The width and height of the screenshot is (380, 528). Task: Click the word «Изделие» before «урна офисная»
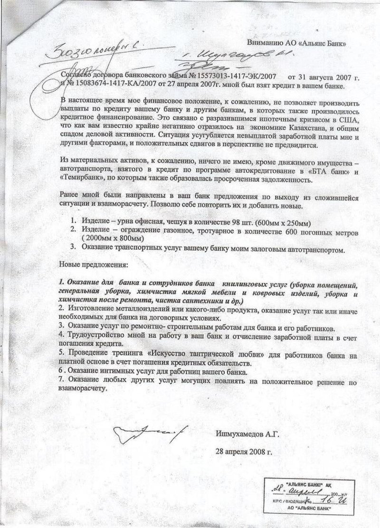[95, 223]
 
